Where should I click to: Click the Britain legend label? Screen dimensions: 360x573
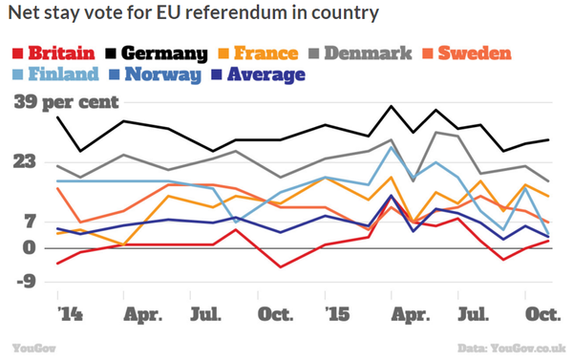[56, 53]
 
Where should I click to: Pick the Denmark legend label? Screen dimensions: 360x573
[367, 53]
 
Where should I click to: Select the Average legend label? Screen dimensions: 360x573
[267, 74]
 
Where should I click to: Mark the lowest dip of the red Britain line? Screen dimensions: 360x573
[280, 266]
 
